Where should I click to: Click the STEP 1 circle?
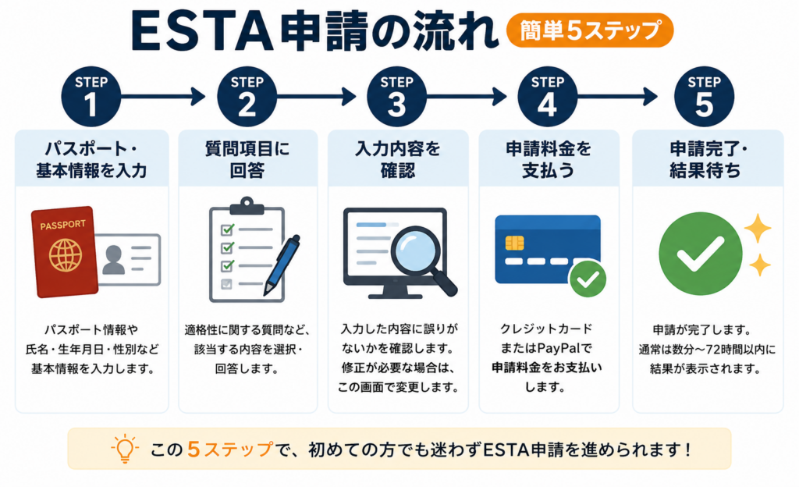[91, 96]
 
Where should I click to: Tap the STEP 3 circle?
[396, 96]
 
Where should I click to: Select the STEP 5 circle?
[705, 96]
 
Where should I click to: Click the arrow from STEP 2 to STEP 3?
[317, 96]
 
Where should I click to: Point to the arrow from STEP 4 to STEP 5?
[618, 96]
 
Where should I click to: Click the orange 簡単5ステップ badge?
[590, 30]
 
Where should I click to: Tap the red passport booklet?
[65, 251]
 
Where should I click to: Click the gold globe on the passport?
[66, 254]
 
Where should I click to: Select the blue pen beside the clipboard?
[281, 265]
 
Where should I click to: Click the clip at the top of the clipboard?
[247, 205]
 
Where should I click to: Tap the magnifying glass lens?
[416, 250]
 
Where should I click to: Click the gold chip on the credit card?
[514, 243]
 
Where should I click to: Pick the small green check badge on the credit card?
[588, 279]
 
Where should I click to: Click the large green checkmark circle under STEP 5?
[700, 253]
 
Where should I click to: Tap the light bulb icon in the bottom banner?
[124, 448]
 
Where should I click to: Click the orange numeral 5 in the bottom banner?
[194, 450]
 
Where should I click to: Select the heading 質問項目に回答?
[247, 159]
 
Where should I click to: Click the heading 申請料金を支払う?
[549, 159]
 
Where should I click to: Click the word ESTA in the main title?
[202, 31]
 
